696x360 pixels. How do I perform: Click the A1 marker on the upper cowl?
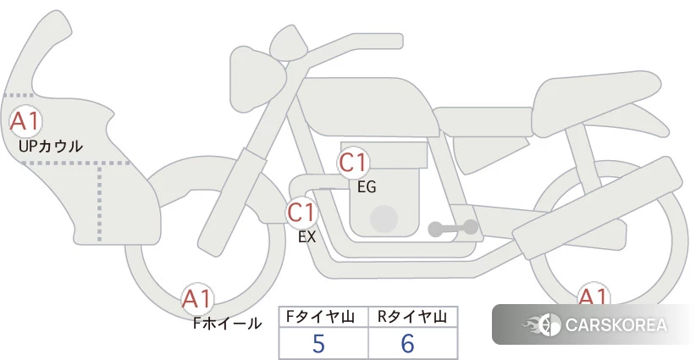25,121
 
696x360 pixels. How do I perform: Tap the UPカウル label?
51,146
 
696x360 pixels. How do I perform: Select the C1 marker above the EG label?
353,163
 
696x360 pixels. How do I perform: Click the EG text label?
367,187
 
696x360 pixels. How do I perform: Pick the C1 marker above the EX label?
301,212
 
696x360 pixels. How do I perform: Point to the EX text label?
307,236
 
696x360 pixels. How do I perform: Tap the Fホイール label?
227,324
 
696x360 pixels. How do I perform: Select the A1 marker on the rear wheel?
594,294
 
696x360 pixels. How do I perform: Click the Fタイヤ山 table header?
320,317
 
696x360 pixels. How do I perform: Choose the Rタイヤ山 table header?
412,317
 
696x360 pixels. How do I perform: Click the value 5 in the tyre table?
318,343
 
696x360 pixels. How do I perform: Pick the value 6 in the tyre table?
407,343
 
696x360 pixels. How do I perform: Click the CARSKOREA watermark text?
616,325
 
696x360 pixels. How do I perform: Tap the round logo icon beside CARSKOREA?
549,325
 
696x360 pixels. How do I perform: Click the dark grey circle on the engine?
384,219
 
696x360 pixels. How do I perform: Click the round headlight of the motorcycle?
257,79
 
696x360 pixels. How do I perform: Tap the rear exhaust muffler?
598,208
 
